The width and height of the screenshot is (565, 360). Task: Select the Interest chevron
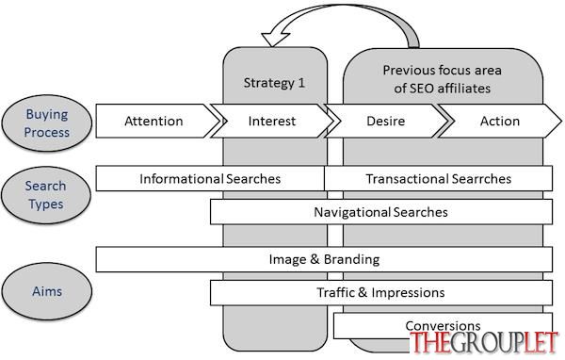pos(273,121)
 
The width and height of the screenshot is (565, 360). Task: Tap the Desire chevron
pos(386,121)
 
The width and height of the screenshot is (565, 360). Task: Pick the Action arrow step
pos(500,121)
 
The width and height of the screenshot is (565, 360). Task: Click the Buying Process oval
pos(47,123)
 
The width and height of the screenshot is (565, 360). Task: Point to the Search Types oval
pos(46,195)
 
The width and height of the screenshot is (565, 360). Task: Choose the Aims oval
pos(47,291)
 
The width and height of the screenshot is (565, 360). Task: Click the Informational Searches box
pos(210,178)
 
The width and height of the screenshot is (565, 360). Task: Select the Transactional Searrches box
pos(439,178)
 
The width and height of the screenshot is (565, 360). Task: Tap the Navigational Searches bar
pos(381,212)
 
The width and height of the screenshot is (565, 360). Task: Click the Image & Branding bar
pos(324,259)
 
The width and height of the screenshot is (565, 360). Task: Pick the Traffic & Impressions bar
pos(381,292)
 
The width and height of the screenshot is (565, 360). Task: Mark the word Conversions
pos(443,326)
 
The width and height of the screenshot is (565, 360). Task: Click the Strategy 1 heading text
pos(274,83)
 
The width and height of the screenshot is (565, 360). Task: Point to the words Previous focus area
pos(443,70)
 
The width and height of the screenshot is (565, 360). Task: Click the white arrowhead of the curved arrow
pos(275,39)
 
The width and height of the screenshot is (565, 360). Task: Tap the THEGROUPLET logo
pos(484,342)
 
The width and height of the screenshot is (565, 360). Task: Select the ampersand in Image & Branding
pos(315,259)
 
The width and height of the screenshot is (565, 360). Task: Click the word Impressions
pos(408,293)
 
